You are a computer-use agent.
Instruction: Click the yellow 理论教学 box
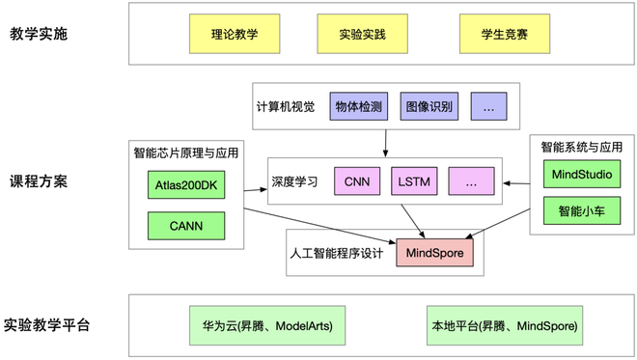click(235, 34)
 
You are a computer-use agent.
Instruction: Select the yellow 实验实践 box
click(362, 34)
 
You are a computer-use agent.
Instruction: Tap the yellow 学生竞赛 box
click(505, 34)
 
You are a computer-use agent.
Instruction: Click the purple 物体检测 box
click(359, 106)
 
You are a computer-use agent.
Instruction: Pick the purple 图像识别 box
click(429, 106)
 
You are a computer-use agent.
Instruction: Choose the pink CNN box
click(357, 181)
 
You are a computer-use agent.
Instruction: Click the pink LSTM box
click(414, 181)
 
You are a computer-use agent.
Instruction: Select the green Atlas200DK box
click(186, 185)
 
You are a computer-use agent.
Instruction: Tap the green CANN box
click(186, 226)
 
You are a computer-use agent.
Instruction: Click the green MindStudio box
click(582, 175)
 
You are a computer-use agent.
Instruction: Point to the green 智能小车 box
click(582, 210)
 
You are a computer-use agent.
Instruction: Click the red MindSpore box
click(434, 253)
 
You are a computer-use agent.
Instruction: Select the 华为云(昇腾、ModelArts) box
click(267, 326)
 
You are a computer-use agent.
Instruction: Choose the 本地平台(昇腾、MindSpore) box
click(505, 326)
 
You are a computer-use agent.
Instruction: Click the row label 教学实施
click(39, 34)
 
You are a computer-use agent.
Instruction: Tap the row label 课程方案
click(39, 181)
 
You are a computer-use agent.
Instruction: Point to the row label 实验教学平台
click(46, 325)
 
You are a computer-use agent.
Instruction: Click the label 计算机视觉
click(286, 107)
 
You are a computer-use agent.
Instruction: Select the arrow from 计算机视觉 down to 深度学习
click(385, 144)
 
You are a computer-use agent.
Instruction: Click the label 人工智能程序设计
click(337, 254)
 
